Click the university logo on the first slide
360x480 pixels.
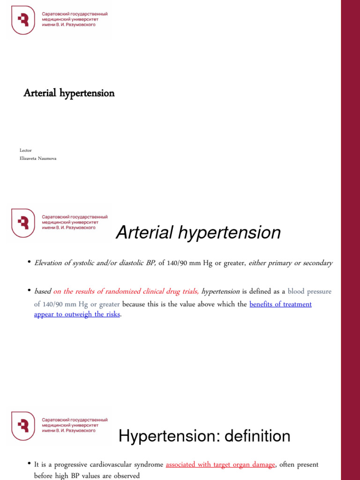(23, 20)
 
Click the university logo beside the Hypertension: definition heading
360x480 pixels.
(23, 426)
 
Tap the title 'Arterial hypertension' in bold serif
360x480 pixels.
(69, 93)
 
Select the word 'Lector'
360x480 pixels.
(26, 150)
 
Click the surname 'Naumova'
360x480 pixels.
(50, 158)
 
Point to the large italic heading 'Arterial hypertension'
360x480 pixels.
(198, 232)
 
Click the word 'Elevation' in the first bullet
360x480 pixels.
(48, 263)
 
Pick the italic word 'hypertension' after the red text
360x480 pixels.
(220, 292)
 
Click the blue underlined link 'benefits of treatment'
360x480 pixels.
(280, 304)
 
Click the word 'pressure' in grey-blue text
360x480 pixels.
(319, 292)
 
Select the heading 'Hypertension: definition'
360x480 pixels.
(204, 436)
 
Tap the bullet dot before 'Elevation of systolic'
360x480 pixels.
(29, 262)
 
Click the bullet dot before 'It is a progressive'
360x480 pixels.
(29, 463)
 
